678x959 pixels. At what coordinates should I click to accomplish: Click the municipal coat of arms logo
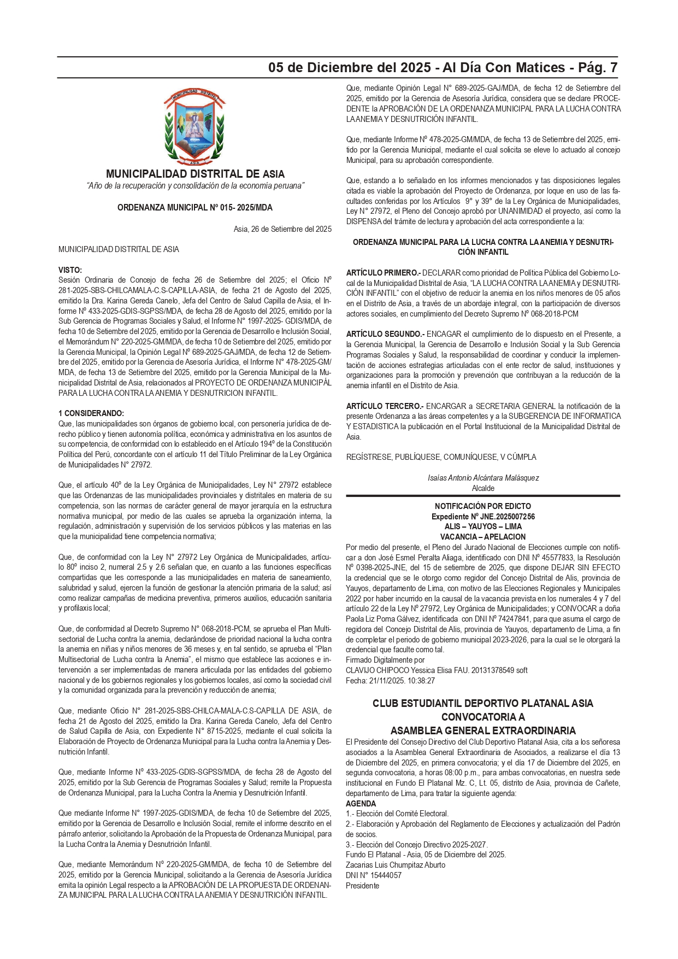(x=194, y=127)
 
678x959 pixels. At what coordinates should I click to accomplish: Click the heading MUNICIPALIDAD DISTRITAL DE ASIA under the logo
(x=195, y=174)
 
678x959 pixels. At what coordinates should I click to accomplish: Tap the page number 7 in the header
(x=614, y=68)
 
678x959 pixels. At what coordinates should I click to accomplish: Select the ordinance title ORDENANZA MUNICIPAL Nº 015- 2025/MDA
(x=195, y=208)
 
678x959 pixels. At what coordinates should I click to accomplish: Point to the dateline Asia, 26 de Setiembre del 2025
(x=282, y=229)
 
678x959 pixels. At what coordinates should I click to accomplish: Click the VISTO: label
(x=70, y=270)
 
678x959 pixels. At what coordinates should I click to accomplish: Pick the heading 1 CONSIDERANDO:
(x=91, y=413)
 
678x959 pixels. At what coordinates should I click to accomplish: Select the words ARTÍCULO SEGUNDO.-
(x=385, y=334)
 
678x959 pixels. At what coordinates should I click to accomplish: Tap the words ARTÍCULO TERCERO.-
(x=385, y=406)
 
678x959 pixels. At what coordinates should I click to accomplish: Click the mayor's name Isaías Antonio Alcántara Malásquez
(x=483, y=478)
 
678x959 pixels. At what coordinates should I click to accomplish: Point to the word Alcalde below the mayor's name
(x=483, y=488)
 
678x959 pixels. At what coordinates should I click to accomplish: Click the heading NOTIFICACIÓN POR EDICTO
(x=483, y=506)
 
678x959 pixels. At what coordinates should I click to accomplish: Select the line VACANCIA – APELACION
(x=483, y=537)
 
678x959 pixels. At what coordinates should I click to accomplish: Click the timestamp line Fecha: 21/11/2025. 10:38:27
(x=390, y=681)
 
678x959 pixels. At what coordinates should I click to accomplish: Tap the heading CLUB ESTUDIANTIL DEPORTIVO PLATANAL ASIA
(x=483, y=704)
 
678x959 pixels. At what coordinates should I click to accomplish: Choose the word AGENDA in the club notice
(x=361, y=804)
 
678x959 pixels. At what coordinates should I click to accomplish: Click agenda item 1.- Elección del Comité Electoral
(x=397, y=814)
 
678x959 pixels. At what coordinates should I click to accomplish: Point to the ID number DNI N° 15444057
(x=374, y=875)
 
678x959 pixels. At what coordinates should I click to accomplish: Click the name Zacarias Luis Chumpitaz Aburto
(x=396, y=865)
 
